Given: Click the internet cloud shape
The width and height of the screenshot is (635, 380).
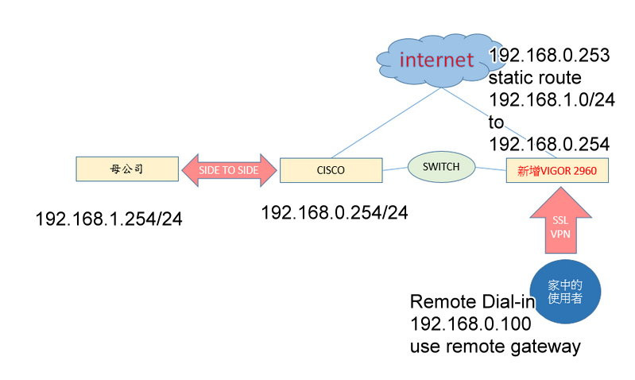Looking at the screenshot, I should (429, 59).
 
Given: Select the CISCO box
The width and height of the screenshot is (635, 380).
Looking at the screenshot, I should (331, 169).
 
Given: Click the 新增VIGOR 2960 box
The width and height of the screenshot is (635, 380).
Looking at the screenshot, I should (557, 169).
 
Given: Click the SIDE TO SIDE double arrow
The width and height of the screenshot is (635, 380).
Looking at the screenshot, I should (230, 169).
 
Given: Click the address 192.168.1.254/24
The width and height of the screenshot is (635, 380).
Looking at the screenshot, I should (109, 219).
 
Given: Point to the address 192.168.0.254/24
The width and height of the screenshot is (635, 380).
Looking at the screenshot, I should (334, 212).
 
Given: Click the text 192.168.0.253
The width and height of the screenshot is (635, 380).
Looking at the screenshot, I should (549, 56).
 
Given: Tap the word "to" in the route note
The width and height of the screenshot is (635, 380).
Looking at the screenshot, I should (497, 122).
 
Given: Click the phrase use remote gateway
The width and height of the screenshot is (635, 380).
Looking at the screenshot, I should (495, 347).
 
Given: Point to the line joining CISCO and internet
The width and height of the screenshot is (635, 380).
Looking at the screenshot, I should (386, 123).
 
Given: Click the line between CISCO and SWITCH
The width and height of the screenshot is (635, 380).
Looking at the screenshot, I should (396, 169).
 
